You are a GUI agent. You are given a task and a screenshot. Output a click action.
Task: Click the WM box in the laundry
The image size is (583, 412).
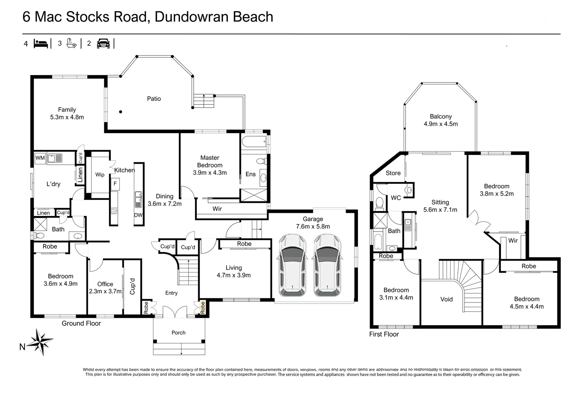tap(40, 158)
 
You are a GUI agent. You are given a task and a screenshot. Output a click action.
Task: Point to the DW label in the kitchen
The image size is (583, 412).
tap(138, 215)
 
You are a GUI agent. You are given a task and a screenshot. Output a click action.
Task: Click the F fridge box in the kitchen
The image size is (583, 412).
tap(115, 184)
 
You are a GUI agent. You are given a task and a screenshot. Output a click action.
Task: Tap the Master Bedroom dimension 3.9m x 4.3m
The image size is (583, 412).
tap(209, 173)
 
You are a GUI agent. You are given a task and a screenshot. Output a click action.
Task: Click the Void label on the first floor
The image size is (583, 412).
tap(446, 299)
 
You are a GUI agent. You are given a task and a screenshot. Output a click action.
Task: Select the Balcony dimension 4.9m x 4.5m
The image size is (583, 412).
tap(440, 124)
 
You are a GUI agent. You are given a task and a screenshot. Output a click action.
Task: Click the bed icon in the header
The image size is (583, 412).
tap(41, 43)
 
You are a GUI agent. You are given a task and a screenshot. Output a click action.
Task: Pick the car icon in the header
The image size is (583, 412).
tap(103, 43)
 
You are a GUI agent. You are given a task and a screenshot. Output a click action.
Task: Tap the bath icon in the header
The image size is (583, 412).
tap(71, 43)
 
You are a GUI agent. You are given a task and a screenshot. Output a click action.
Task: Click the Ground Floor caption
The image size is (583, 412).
tap(81, 323)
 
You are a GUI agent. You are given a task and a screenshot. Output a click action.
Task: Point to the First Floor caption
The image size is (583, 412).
tap(383, 334)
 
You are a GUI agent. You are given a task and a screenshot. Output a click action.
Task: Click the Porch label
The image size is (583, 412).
tap(178, 333)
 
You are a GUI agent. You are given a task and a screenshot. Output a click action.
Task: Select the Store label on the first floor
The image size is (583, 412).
tap(393, 173)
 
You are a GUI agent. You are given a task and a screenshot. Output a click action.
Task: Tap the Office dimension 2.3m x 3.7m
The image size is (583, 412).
tap(105, 291)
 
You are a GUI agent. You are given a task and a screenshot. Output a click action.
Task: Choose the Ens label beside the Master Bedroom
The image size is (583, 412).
tap(250, 174)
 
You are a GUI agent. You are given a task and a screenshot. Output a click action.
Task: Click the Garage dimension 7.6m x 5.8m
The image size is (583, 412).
tap(312, 227)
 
